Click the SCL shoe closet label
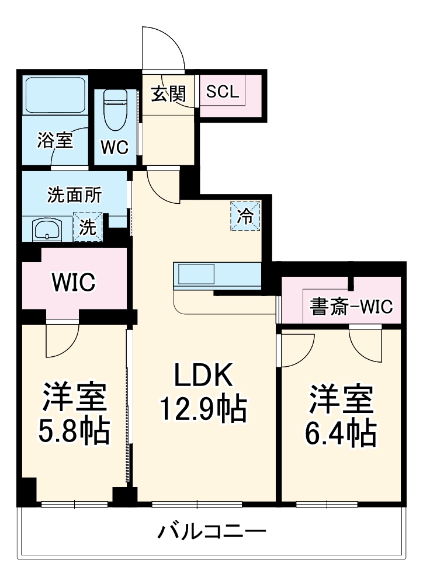click(x=223, y=91)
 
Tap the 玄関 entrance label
click(x=168, y=93)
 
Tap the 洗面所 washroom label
click(x=74, y=194)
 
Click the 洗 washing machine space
click(x=87, y=227)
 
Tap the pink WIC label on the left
click(x=73, y=283)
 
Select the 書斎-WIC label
click(x=351, y=307)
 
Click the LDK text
click(x=204, y=376)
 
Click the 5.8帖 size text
click(x=74, y=431)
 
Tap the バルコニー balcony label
click(x=212, y=532)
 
